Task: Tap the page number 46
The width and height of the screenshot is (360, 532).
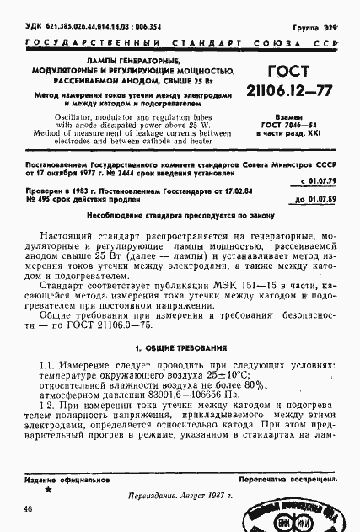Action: click(x=29, y=508)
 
